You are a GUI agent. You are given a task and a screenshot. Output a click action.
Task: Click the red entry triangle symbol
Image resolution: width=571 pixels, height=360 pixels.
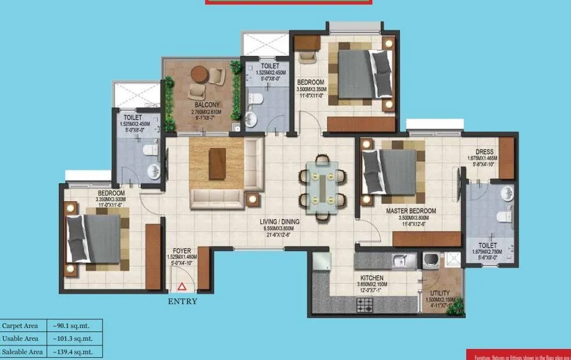click(182, 286)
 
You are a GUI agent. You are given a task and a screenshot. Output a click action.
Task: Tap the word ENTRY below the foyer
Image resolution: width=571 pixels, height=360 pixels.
click(182, 301)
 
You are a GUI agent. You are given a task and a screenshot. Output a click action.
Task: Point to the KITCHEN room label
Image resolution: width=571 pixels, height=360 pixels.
click(371, 278)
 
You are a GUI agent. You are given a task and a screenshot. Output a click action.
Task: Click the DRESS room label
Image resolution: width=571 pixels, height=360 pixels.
click(484, 152)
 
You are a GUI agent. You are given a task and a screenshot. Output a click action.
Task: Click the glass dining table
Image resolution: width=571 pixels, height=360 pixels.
click(322, 186)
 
